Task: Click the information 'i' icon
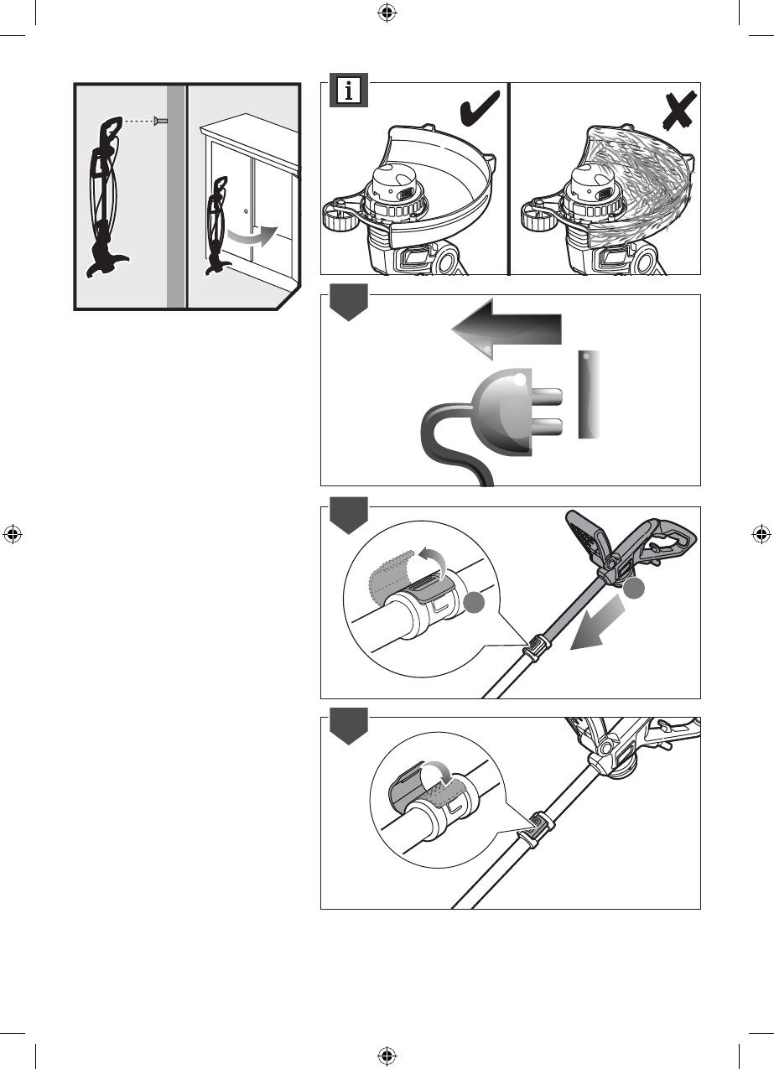[x=348, y=91]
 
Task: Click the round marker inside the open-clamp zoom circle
[x=474, y=603]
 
